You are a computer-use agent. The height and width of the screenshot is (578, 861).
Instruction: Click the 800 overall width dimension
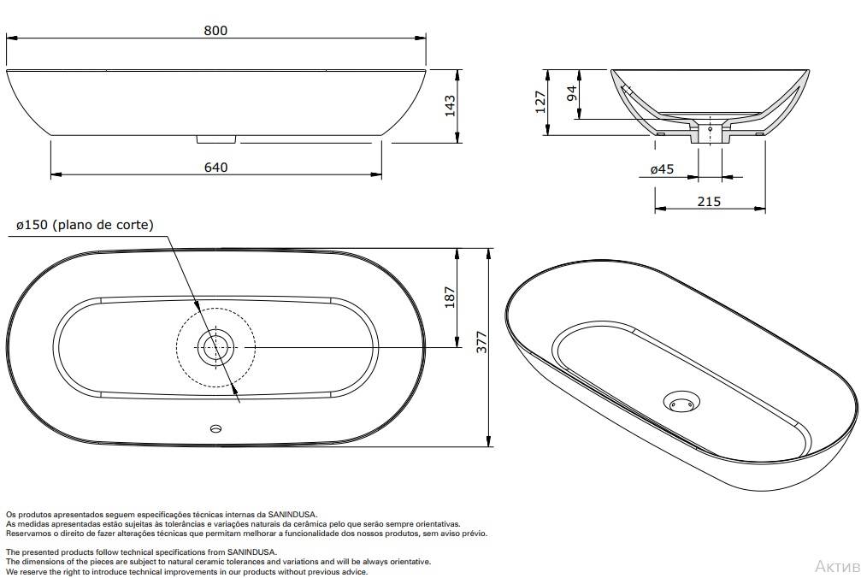(216, 30)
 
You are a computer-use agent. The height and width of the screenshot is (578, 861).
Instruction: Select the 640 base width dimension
(216, 167)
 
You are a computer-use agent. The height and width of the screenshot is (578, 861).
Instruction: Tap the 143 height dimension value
(450, 105)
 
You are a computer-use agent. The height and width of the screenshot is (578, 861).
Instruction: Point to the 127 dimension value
(540, 101)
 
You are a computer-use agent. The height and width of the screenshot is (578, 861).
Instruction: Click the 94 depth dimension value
(572, 92)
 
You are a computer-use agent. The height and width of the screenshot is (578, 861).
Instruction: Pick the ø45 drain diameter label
(663, 169)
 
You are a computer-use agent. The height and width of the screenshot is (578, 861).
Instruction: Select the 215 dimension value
(709, 202)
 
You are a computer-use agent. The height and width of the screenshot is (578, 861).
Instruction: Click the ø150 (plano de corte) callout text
(85, 225)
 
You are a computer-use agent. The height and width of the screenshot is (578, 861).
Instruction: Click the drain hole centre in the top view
(214, 347)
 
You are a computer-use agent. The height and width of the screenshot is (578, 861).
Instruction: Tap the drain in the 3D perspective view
(681, 401)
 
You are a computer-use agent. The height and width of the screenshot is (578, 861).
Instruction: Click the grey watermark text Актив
(837, 566)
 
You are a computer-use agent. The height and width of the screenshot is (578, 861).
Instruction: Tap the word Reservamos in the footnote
(27, 534)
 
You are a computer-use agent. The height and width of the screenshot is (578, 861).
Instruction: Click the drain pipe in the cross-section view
(710, 133)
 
